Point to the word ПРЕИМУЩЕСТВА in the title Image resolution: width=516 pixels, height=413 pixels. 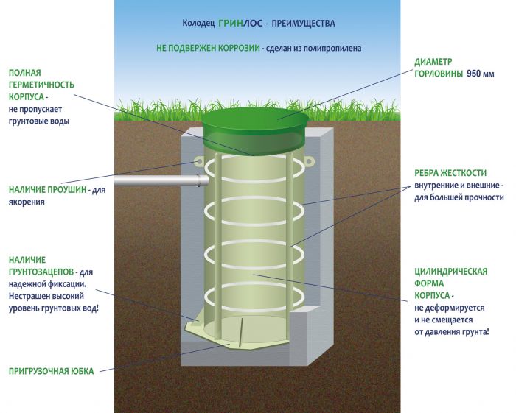coord(304,24)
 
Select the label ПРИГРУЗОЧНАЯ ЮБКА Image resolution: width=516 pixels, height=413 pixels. coord(51,371)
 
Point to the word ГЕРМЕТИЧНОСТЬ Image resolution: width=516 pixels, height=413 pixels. coord(41,85)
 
